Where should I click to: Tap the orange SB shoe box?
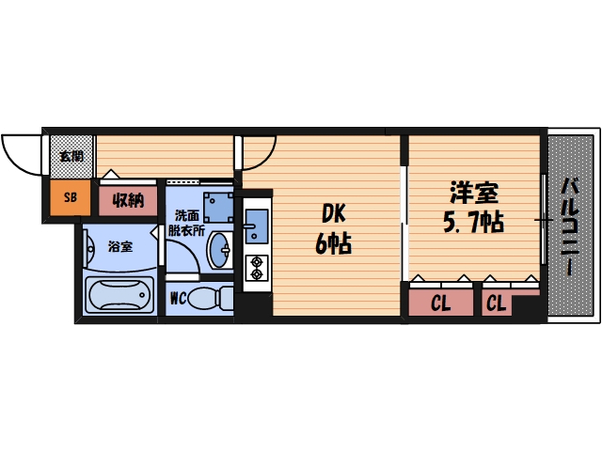pyautogui.click(x=70, y=197)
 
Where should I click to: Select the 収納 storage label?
pyautogui.click(x=128, y=199)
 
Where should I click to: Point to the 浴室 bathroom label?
pyautogui.click(x=119, y=247)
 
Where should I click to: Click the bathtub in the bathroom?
pyautogui.click(x=119, y=296)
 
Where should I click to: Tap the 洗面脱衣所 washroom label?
pyautogui.click(x=184, y=222)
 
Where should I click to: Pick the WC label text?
pyautogui.click(x=179, y=299)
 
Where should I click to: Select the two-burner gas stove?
pyautogui.click(x=256, y=268)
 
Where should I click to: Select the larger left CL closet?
pyautogui.click(x=441, y=303)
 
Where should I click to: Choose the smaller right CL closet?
pyautogui.click(x=497, y=303)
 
